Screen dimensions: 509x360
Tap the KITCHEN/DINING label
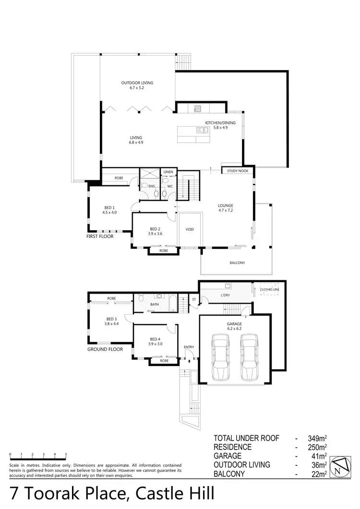pos(220,123)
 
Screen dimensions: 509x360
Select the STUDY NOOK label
pos(235,170)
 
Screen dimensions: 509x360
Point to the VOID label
pos(190,229)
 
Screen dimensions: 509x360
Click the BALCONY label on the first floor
pos(237,262)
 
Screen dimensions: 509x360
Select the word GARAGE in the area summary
pos(228,456)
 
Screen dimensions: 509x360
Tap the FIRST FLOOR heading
pos(100,237)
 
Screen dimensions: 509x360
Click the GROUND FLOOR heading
pos(105,349)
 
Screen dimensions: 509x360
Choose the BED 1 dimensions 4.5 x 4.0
pos(110,212)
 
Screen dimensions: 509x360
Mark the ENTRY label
pos(189,346)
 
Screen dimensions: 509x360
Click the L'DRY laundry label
pos(226,295)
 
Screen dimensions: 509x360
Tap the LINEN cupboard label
pos(168,172)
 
